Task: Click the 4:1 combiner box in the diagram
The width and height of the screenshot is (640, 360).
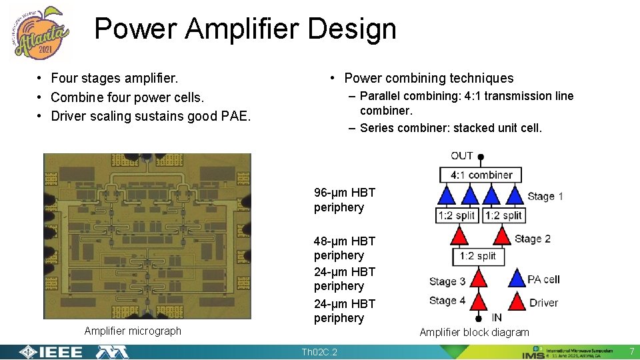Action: (x=481, y=175)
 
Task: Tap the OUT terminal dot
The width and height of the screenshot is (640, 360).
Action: (x=481, y=158)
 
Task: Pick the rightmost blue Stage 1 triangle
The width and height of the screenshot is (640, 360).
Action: (x=514, y=195)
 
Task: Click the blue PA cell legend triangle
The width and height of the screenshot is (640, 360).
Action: (x=517, y=279)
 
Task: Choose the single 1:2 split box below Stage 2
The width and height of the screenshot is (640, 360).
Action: (x=478, y=256)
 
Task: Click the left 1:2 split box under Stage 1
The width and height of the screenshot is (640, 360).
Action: (x=457, y=215)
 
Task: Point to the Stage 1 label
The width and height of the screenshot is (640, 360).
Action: (x=545, y=196)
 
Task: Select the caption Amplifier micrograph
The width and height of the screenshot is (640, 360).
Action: (x=133, y=331)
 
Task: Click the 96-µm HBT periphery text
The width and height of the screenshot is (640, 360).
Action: (x=345, y=200)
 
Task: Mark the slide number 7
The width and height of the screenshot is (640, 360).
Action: (x=631, y=351)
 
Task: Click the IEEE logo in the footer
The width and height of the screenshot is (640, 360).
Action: (x=52, y=352)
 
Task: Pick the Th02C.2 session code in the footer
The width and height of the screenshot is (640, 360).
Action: (x=319, y=352)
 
